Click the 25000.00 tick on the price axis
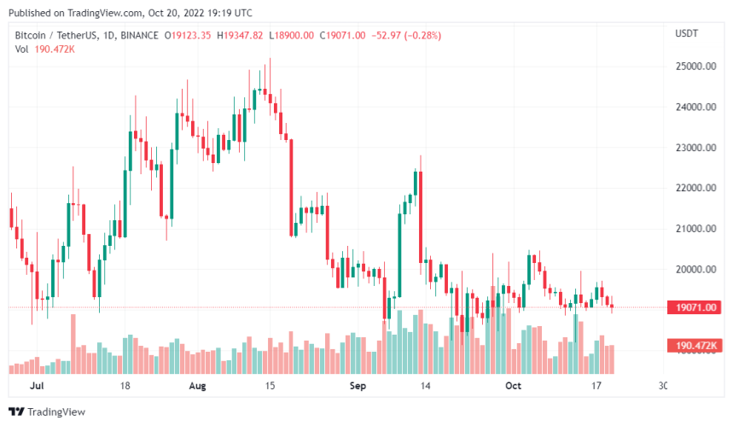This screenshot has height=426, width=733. [x=694, y=67]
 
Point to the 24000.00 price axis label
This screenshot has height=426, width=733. [x=694, y=108]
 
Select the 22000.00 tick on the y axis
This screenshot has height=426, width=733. [x=694, y=189]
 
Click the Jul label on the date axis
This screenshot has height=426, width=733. [x=36, y=386]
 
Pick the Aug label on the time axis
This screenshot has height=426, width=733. [x=197, y=386]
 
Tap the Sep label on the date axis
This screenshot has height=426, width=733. [x=359, y=386]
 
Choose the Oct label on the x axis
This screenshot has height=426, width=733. [x=512, y=386]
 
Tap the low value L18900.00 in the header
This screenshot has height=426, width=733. [x=292, y=35]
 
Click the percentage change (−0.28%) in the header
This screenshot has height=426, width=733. [x=416, y=35]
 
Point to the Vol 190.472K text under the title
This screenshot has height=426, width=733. [x=44, y=49]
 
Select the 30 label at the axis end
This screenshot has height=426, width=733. [x=663, y=386]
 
